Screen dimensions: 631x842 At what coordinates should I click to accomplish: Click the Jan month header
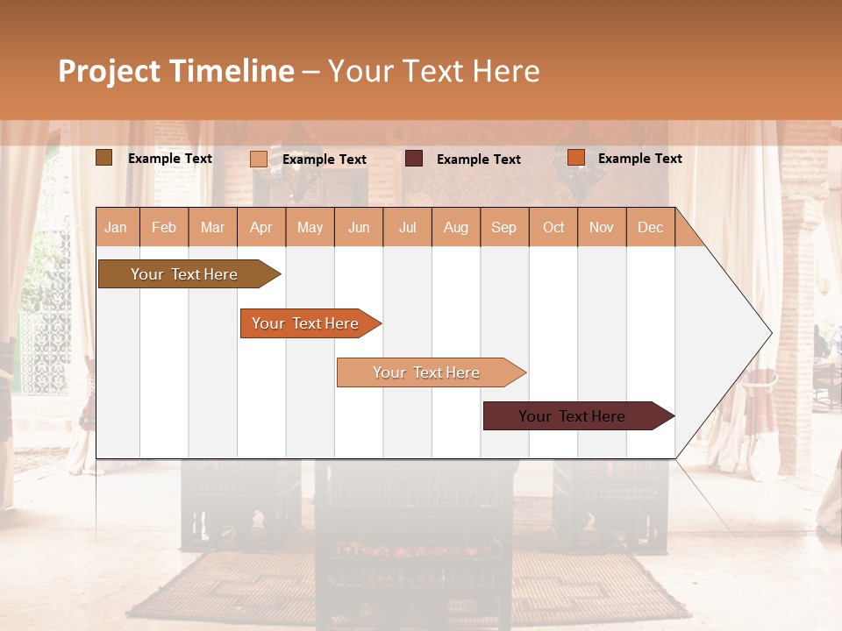pyautogui.click(x=117, y=227)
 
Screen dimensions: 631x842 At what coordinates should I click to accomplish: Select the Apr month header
pyautogui.click(x=261, y=227)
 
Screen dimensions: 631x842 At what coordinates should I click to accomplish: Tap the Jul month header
pyautogui.click(x=407, y=227)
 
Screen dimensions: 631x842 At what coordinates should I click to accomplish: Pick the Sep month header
pyautogui.click(x=504, y=227)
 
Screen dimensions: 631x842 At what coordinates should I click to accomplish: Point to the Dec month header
pyautogui.click(x=650, y=227)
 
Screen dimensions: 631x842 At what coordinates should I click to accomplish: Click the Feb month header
pyautogui.click(x=164, y=227)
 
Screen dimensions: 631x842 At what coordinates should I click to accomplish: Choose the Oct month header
pyautogui.click(x=553, y=227)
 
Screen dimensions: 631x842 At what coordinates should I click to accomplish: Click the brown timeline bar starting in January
pyautogui.click(x=184, y=274)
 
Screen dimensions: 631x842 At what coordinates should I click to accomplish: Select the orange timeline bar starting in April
pyautogui.click(x=305, y=323)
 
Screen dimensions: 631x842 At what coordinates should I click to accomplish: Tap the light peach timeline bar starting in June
pyautogui.click(x=426, y=372)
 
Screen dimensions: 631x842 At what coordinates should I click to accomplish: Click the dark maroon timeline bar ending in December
pyautogui.click(x=573, y=416)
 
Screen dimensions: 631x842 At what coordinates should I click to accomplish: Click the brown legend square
pyautogui.click(x=103, y=158)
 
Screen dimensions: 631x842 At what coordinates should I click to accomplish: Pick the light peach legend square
pyautogui.click(x=259, y=159)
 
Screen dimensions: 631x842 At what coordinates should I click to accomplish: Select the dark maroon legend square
pyautogui.click(x=414, y=159)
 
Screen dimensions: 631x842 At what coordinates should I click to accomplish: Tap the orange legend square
pyautogui.click(x=576, y=158)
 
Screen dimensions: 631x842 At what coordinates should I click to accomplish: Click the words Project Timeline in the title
pyautogui.click(x=176, y=71)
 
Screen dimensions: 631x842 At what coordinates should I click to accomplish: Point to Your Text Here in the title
pyautogui.click(x=434, y=71)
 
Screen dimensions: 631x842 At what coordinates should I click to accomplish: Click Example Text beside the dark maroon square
pyautogui.click(x=479, y=160)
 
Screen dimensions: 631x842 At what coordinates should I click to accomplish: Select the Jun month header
pyautogui.click(x=359, y=227)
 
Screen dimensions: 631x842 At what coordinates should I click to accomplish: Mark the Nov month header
pyautogui.click(x=602, y=227)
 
